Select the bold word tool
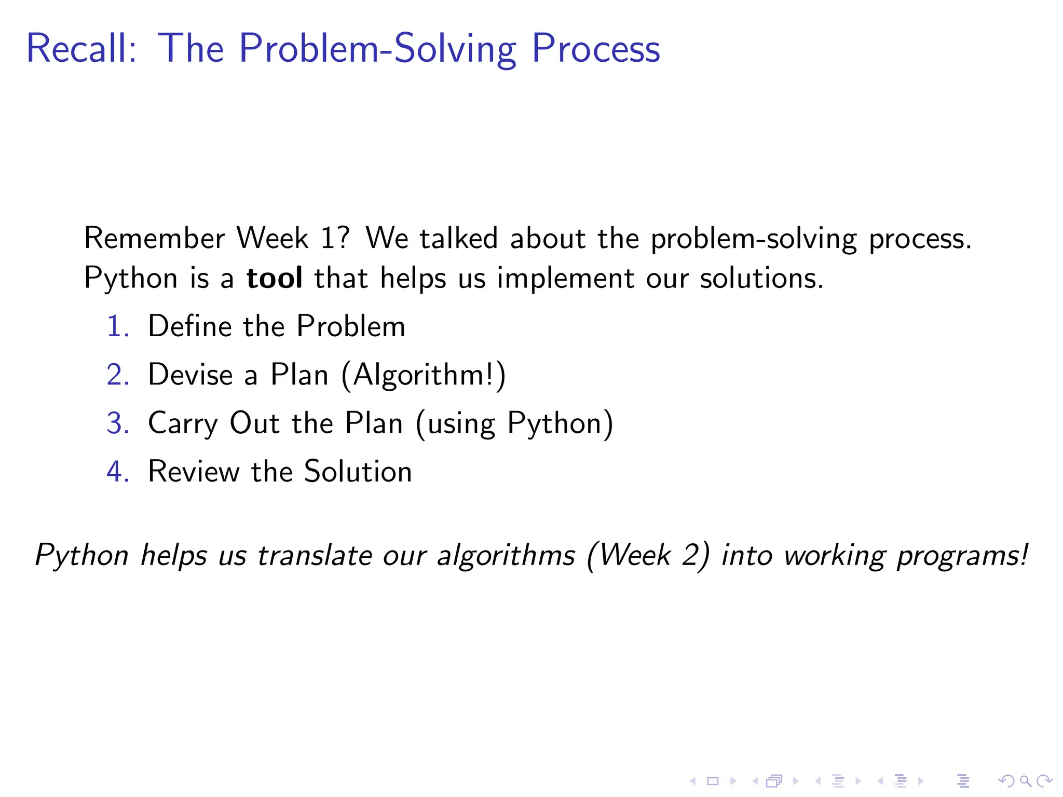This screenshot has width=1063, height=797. pos(274,278)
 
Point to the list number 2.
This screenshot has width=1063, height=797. pos(116,375)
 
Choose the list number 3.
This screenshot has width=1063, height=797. pos(116,423)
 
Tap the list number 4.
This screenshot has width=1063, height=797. pos(116,472)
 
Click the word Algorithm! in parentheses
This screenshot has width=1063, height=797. pos(423,375)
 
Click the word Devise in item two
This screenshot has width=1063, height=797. pos(190,375)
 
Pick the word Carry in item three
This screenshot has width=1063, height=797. pos(183,424)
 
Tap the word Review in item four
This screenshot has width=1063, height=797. pos(194,472)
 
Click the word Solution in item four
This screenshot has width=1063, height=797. pos(358,472)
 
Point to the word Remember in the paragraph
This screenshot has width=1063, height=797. pos(154,239)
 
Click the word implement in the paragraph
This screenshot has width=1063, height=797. pos(565,279)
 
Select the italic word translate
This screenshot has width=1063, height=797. pos(314,556)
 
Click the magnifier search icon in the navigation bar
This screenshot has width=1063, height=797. pos(1025,780)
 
